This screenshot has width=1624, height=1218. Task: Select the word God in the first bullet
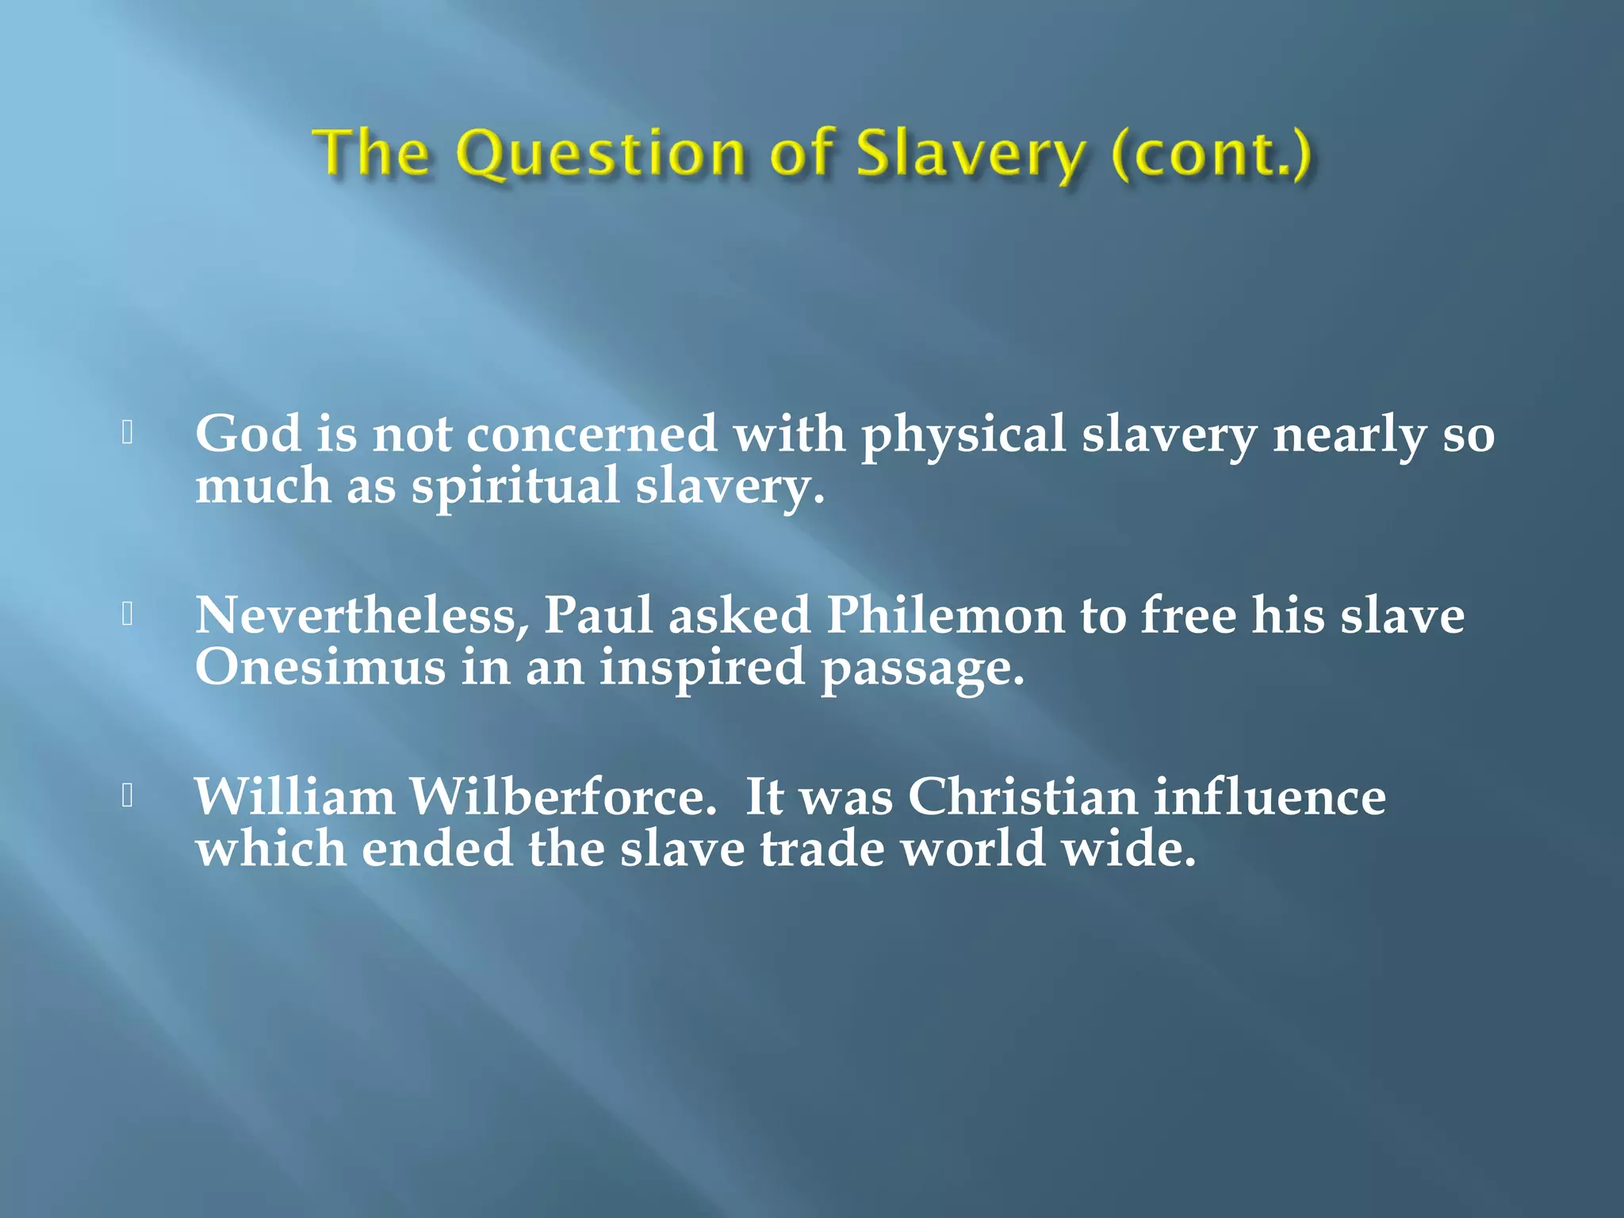click(x=247, y=435)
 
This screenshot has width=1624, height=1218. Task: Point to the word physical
click(x=963, y=436)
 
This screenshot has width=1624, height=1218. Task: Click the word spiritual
click(x=515, y=486)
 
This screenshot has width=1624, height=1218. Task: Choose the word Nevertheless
click(x=362, y=615)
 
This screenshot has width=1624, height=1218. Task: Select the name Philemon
click(x=944, y=615)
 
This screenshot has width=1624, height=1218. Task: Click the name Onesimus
click(x=320, y=667)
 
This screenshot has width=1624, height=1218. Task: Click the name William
click(x=294, y=796)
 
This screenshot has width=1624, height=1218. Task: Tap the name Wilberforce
click(x=562, y=796)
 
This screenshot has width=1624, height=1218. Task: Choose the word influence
click(x=1270, y=796)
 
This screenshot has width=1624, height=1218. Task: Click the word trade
click(x=822, y=848)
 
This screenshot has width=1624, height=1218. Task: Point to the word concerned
click(x=592, y=435)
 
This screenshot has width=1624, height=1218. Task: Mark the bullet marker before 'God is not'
click(x=127, y=432)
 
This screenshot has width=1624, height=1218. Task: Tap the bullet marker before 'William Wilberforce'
click(x=127, y=795)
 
